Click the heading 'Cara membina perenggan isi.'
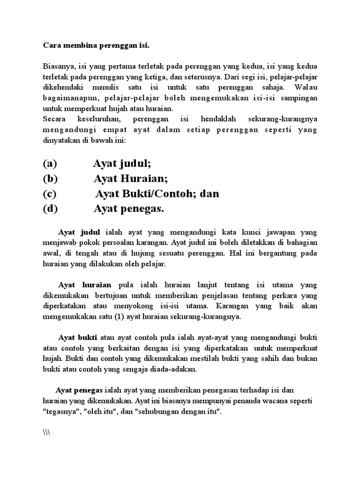pyautogui.click(x=96, y=45)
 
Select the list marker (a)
pyautogui.click(x=50, y=164)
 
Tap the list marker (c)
pyautogui.click(x=50, y=194)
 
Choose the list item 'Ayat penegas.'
pyautogui.click(x=129, y=209)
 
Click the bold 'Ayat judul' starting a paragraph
pyautogui.click(x=79, y=232)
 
